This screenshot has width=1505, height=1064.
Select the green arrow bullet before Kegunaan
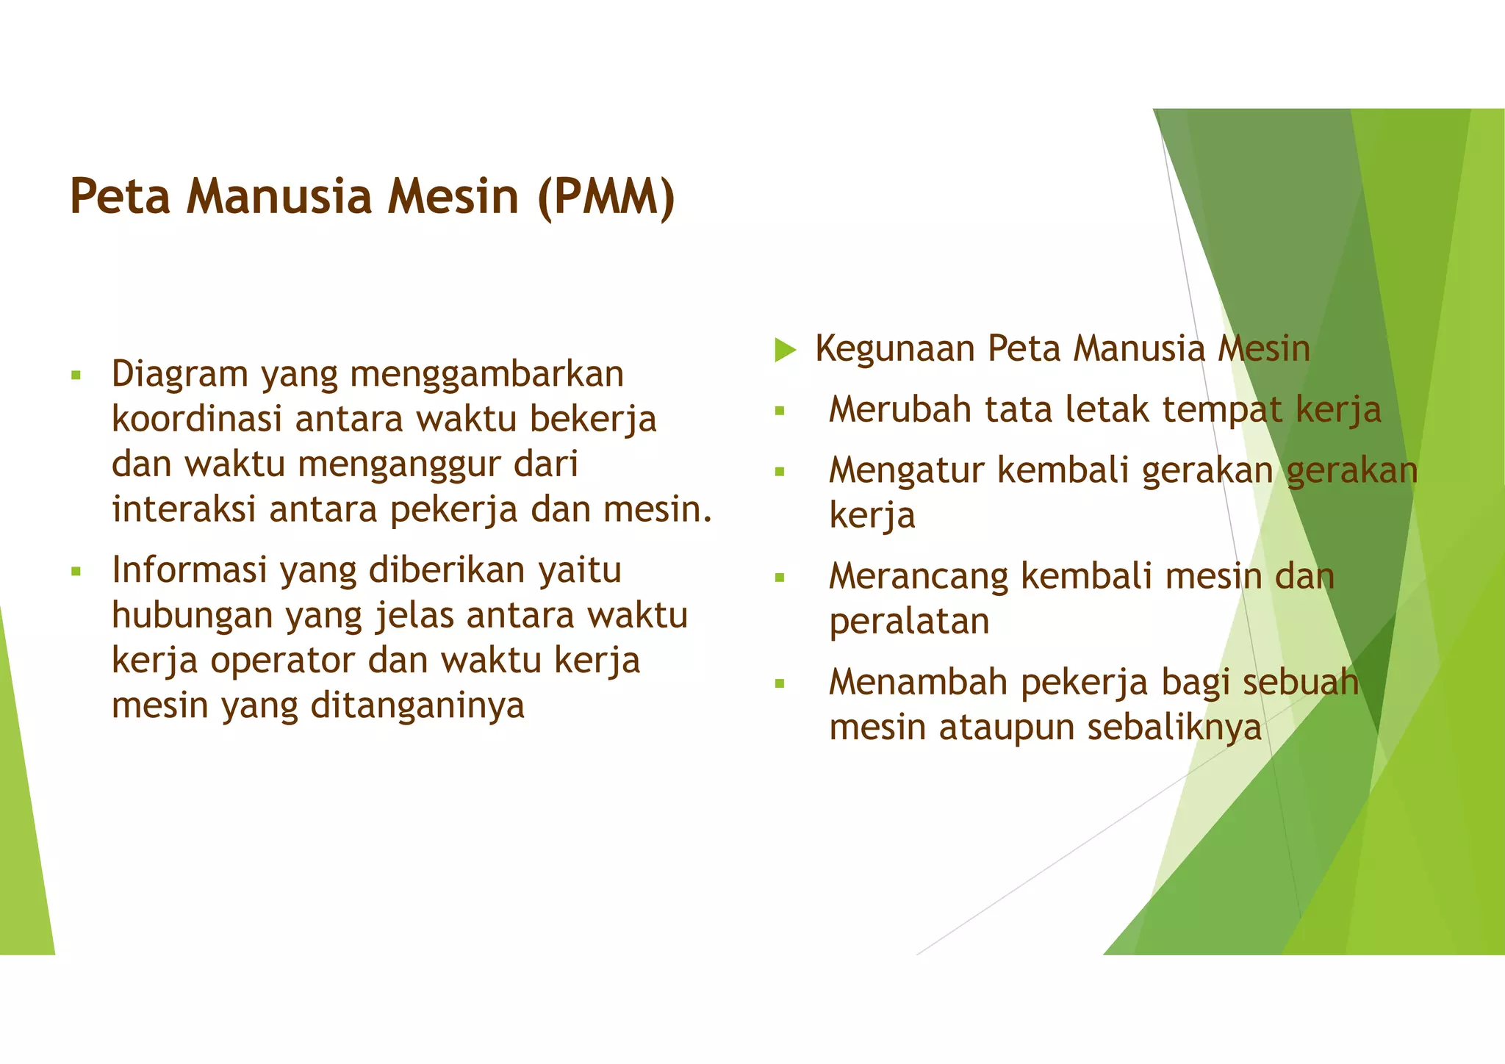[x=785, y=350]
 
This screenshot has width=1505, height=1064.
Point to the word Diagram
[x=180, y=375]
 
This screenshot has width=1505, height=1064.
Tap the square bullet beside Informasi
[x=76, y=571]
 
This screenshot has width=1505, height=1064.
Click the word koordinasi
[x=197, y=420]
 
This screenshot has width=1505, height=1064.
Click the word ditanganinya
[x=417, y=705]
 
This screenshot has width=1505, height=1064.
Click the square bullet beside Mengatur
[x=780, y=472]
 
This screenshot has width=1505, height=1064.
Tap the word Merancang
[x=919, y=576]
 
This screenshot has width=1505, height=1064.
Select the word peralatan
[x=909, y=622]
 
